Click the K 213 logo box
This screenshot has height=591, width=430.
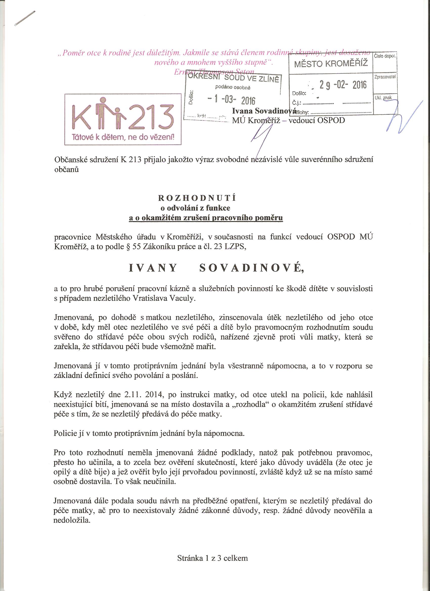[x=123, y=119]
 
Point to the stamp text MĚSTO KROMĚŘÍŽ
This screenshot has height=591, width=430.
[x=331, y=64]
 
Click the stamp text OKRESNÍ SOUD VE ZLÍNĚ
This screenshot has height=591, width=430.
[x=233, y=77]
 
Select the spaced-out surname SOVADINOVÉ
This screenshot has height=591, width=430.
[x=252, y=268]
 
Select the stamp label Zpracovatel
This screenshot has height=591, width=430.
[x=385, y=77]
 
